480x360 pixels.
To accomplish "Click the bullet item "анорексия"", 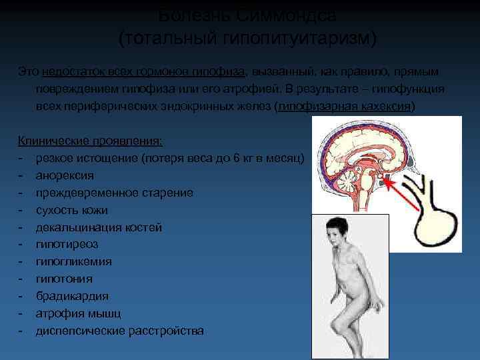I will point(65,175).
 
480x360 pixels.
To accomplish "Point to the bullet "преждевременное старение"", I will point(115,193).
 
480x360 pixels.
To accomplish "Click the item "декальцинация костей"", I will point(99,227).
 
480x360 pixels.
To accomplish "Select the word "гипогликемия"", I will point(74,262).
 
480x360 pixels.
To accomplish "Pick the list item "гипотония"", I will point(64,279).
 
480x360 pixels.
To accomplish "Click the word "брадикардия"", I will point(72,296).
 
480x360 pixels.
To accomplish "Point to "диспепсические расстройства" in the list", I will point(120,331).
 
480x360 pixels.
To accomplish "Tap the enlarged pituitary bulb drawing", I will point(434,227).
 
